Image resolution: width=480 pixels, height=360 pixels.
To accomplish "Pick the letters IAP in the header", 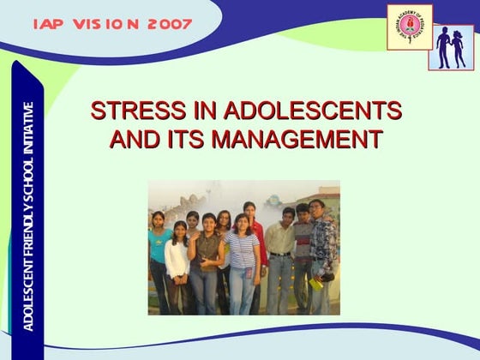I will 49,24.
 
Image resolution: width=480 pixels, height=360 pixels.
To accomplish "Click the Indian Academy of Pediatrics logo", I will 410,28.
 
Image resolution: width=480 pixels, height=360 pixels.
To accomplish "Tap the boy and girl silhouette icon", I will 452,46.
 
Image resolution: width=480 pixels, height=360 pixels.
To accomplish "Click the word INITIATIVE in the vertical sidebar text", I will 28,129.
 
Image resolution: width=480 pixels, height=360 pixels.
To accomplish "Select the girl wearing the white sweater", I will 178,261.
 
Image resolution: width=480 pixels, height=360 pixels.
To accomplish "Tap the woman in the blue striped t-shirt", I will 242,257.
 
